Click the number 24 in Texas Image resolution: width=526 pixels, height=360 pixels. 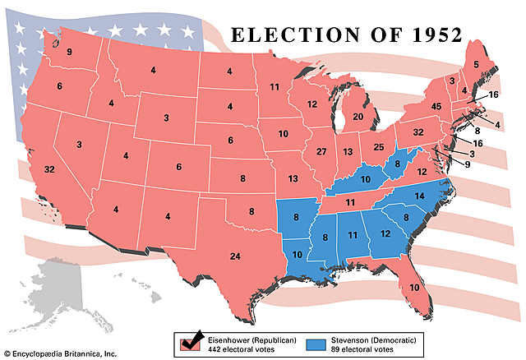(234, 256)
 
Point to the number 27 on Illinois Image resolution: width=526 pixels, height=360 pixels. (321, 151)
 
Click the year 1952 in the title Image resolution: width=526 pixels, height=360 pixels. (427, 36)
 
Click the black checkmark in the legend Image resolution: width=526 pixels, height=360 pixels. (194, 338)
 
